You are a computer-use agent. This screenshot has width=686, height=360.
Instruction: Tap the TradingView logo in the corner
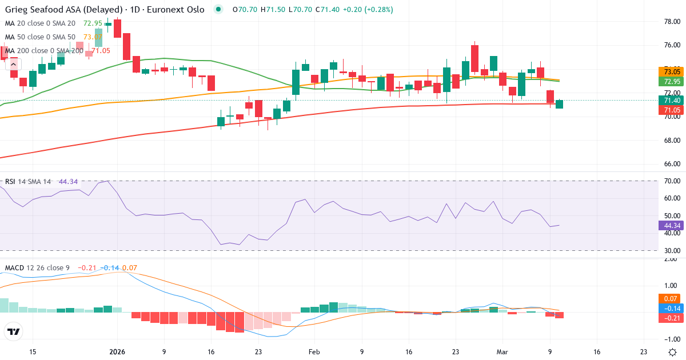pos(13,331)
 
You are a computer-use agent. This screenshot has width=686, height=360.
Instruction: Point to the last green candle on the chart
pos(559,104)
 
